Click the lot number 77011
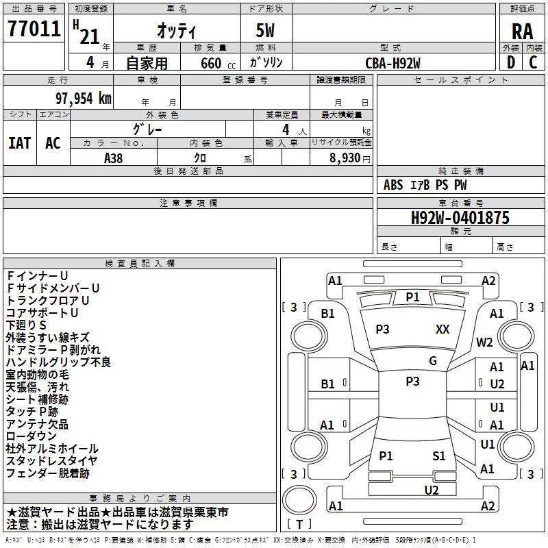[x=34, y=29]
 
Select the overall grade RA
[x=522, y=32]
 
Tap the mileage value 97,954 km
[x=83, y=99]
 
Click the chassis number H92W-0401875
[x=460, y=218]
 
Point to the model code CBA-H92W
[x=393, y=63]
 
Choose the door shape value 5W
[x=265, y=30]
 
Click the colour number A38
[x=113, y=158]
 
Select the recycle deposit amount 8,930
[x=345, y=158]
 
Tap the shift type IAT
[x=19, y=143]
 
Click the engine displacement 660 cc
[x=218, y=64]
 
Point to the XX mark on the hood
[x=443, y=329]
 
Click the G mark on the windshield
[x=433, y=361]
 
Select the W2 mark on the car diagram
[x=484, y=342]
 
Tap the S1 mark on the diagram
[x=438, y=456]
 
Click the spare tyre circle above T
[x=299, y=499]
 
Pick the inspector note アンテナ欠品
[x=37, y=424]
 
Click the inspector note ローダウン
[x=31, y=436]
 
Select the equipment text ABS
[x=393, y=185]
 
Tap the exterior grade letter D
[x=511, y=62]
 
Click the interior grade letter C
[x=533, y=62]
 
